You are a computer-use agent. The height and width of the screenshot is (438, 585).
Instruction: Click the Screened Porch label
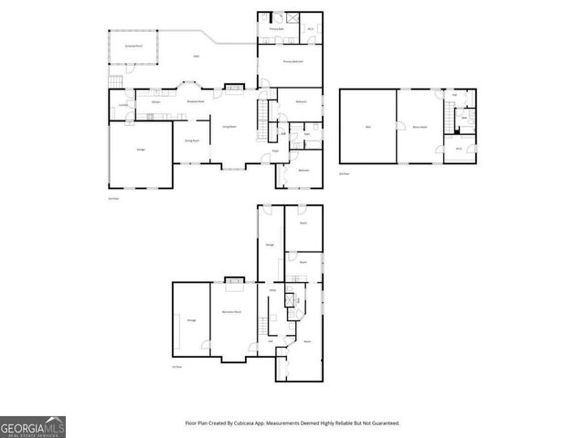pyautogui.click(x=133, y=45)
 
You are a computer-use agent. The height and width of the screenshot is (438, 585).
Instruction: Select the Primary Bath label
pyautogui.click(x=274, y=29)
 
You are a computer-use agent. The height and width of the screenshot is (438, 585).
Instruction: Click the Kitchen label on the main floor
pyautogui.click(x=156, y=102)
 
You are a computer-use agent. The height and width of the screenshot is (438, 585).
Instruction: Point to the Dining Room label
pyautogui.click(x=192, y=141)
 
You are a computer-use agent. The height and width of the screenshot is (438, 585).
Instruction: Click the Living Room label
pyautogui.click(x=230, y=126)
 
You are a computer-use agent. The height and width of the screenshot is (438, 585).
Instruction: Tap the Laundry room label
pyautogui.click(x=122, y=105)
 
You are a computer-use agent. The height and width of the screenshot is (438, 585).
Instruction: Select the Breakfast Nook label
pyautogui.click(x=195, y=101)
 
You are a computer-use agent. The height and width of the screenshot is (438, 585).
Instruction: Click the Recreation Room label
pyautogui.click(x=232, y=312)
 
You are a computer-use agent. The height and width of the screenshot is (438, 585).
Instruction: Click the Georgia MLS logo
pyautogui.click(x=33, y=427)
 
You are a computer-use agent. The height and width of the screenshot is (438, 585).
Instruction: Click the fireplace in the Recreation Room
pyautogui.click(x=236, y=283)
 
